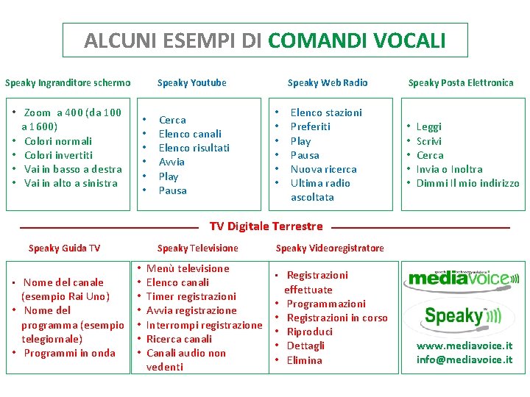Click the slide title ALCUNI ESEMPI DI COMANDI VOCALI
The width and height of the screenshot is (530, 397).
265,40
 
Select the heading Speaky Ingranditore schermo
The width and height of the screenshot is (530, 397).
68,83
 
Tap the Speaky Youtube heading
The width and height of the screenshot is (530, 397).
191,83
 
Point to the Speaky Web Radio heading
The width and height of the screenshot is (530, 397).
327,83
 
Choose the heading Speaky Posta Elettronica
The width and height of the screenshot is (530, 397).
461,83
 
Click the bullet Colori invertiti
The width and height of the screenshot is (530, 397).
58,155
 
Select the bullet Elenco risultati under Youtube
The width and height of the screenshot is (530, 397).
194,148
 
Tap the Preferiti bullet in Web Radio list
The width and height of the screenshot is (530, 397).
310,126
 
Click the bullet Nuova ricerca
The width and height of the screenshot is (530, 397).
323,169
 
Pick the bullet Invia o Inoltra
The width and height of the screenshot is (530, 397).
449,169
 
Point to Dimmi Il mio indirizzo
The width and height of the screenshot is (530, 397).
467,183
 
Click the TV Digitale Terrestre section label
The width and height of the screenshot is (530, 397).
266,226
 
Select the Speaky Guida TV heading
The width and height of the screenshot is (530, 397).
64,248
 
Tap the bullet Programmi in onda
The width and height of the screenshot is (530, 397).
69,353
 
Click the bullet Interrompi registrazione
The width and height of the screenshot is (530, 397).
204,325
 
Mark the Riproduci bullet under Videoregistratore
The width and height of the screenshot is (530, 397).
309,332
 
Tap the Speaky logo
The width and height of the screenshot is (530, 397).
462,316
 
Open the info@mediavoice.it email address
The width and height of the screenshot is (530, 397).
464,360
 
